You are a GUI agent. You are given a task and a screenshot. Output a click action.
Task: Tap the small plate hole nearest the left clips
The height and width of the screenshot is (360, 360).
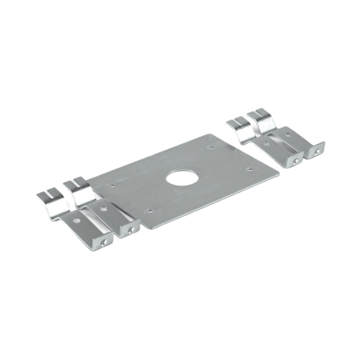coord(110,186)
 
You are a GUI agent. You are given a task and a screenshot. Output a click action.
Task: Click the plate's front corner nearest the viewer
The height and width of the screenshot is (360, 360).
coord(142,227)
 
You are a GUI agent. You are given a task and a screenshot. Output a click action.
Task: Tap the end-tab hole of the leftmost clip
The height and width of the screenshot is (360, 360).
coord(104,239)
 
